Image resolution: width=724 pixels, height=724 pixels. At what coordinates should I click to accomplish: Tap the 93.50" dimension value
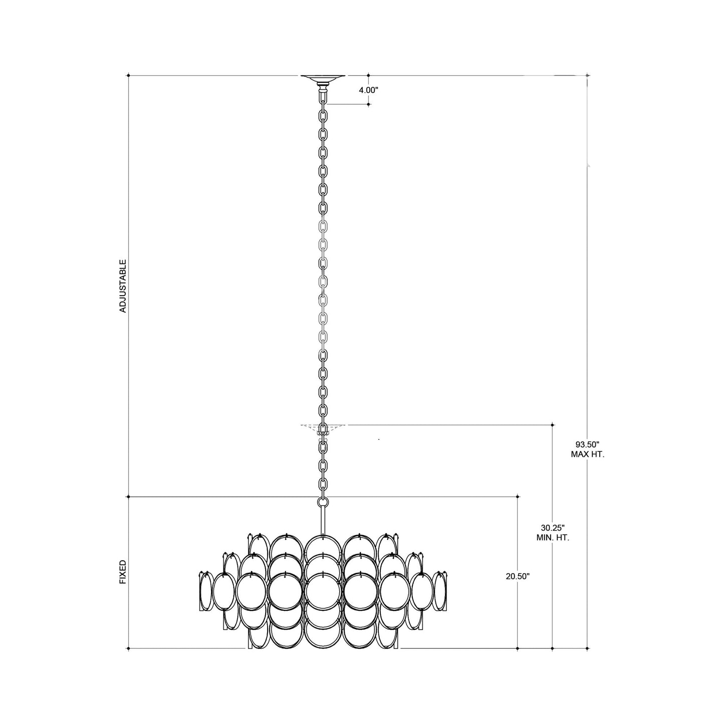pyautogui.click(x=587, y=444)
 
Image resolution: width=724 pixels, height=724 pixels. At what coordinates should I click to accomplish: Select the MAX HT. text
pyautogui.click(x=587, y=454)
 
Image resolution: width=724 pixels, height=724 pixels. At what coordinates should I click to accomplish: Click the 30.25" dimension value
pyautogui.click(x=553, y=528)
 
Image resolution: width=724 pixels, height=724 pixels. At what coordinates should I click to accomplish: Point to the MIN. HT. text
pyautogui.click(x=553, y=538)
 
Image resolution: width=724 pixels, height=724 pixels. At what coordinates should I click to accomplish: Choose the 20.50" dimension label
pyautogui.click(x=518, y=576)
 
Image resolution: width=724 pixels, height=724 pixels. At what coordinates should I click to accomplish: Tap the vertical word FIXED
pyautogui.click(x=123, y=572)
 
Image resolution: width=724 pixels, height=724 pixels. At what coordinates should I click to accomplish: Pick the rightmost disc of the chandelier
pyautogui.click(x=441, y=592)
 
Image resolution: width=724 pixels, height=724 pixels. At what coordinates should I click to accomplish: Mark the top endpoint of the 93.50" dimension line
pyautogui.click(x=587, y=76)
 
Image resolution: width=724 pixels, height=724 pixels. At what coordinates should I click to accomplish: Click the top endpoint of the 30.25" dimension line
pyautogui.click(x=553, y=425)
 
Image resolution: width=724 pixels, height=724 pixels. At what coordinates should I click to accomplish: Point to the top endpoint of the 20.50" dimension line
pyautogui.click(x=518, y=497)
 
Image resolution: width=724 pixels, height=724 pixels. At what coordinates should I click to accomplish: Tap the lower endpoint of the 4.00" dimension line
pyautogui.click(x=369, y=104)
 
